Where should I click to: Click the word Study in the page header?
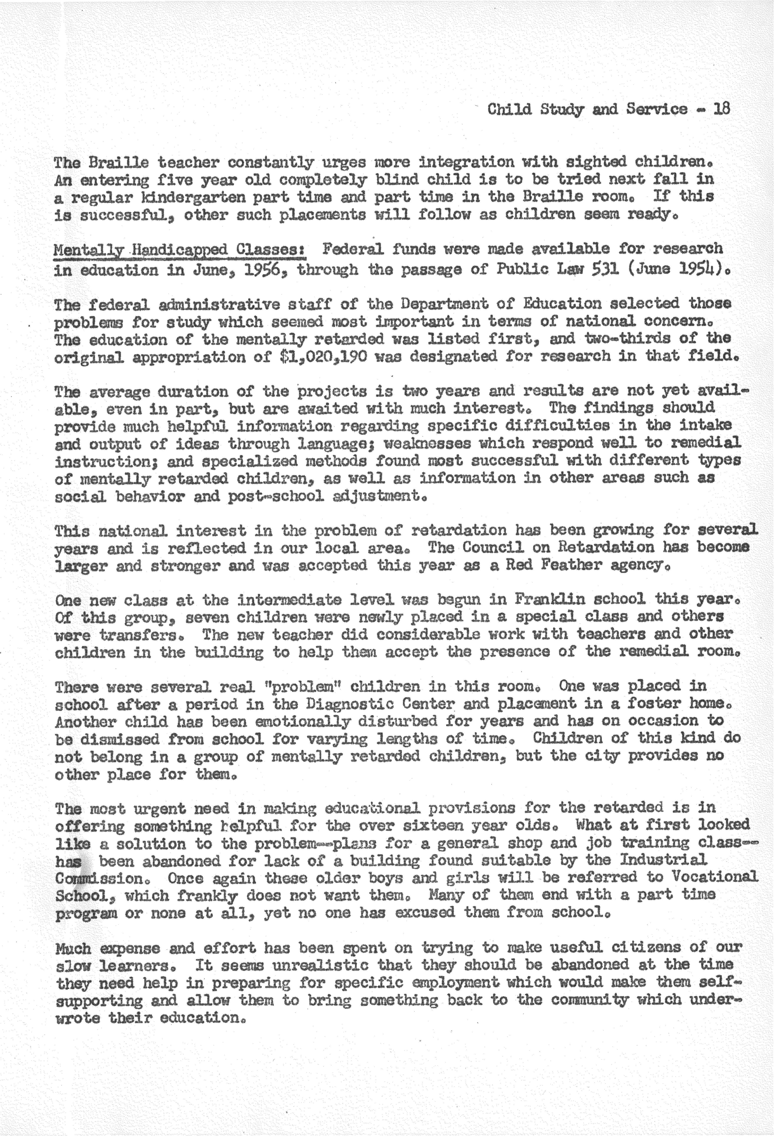pos(562,109)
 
